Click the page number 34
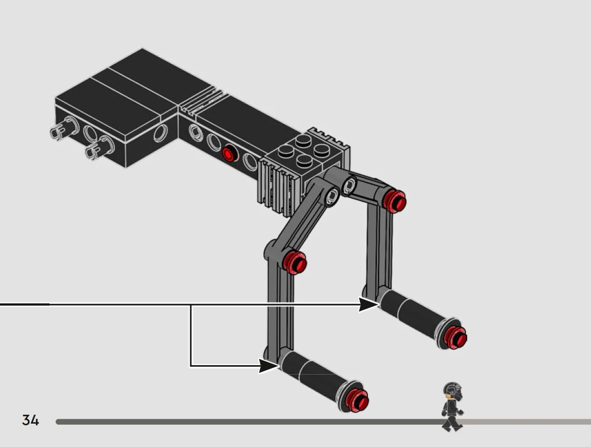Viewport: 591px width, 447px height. pyautogui.click(x=31, y=420)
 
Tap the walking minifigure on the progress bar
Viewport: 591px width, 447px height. pyautogui.click(x=453, y=407)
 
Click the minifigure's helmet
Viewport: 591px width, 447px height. pyautogui.click(x=453, y=391)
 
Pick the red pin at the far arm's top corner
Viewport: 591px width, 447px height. pyautogui.click(x=394, y=201)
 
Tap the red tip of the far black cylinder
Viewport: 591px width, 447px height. pyautogui.click(x=456, y=337)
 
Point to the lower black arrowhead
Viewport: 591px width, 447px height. pyautogui.click(x=269, y=366)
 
